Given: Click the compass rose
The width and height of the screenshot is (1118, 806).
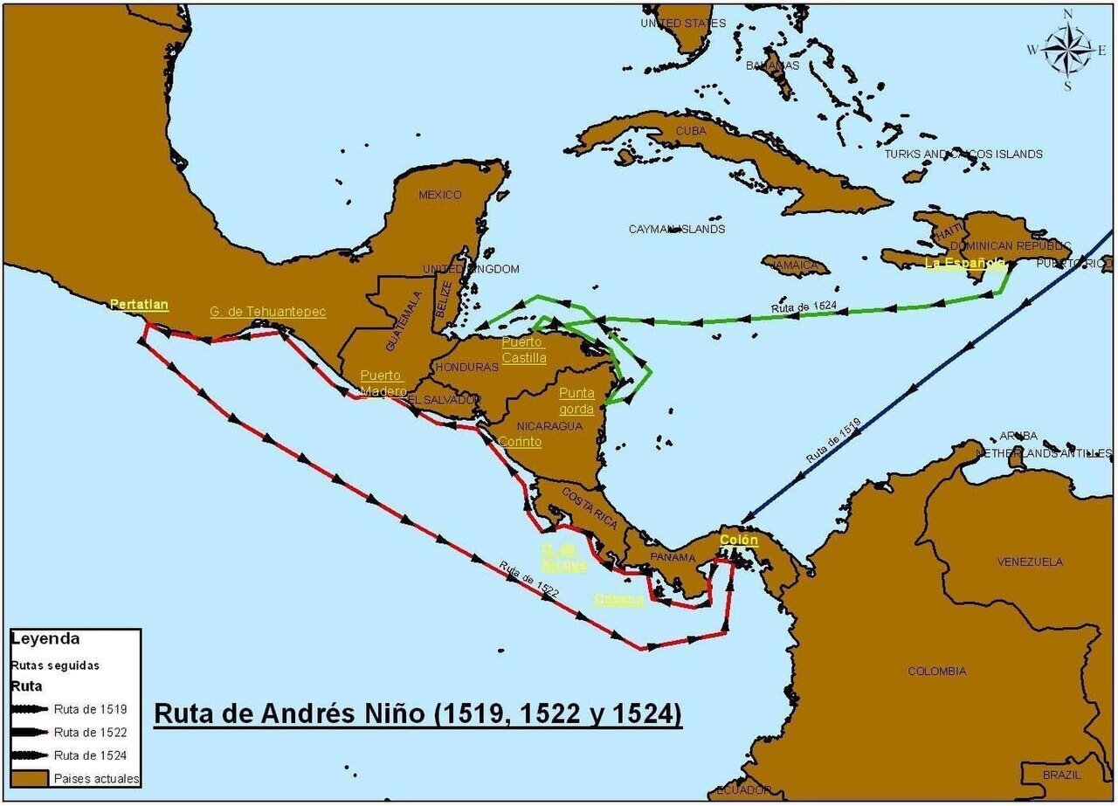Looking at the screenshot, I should [1067, 49].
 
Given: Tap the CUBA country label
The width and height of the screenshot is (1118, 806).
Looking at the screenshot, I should [690, 131].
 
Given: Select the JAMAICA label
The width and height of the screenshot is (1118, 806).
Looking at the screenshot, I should [796, 265].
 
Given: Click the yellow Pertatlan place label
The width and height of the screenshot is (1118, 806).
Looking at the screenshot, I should [139, 305].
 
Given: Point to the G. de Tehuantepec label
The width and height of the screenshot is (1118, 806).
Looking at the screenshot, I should [267, 312].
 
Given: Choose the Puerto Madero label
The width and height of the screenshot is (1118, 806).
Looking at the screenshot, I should [383, 383].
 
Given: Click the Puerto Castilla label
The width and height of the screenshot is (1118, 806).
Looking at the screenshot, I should [523, 350].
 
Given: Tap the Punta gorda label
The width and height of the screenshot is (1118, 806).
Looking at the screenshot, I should [576, 401].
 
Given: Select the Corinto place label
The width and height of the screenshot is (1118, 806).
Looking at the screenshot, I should [520, 442].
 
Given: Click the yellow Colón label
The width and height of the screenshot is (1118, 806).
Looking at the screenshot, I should [738, 540].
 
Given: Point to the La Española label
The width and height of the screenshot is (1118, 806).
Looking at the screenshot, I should [964, 263].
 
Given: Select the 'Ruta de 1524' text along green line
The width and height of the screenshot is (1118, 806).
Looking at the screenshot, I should [804, 307].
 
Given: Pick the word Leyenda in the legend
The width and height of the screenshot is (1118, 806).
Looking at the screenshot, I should [45, 639].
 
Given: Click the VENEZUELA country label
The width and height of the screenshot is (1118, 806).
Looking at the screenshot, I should [1030, 561].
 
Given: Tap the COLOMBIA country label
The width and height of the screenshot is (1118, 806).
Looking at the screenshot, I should [936, 672].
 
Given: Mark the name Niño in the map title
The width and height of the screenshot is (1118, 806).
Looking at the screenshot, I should [390, 713].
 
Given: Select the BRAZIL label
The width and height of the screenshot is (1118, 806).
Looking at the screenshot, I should [1061, 775].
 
